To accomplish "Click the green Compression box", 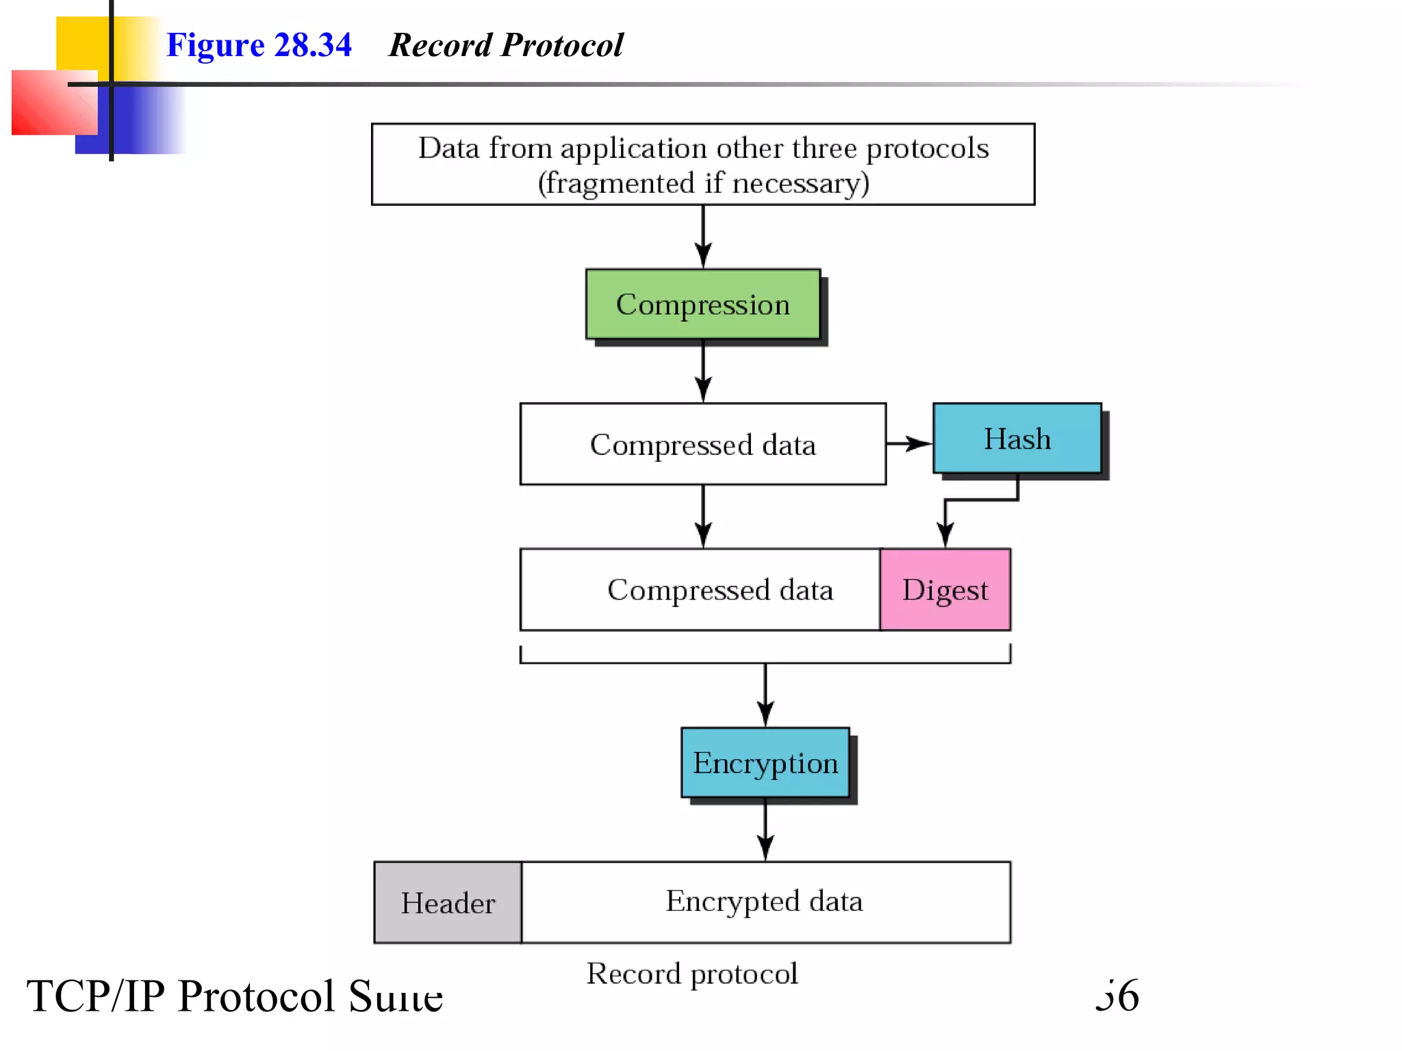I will [x=702, y=304].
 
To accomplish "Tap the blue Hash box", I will [x=1017, y=438].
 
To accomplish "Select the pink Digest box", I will [x=945, y=589].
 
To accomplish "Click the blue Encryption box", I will [x=765, y=762].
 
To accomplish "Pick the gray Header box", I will [x=448, y=903].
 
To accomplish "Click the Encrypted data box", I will [x=765, y=901].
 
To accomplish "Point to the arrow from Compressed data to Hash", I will [x=909, y=443].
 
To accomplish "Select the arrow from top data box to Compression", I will [x=703, y=236].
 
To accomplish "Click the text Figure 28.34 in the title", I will [x=259, y=45].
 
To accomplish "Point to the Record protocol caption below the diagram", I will [x=691, y=974].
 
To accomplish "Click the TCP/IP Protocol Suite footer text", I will [x=234, y=996].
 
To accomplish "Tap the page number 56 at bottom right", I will [x=1117, y=996].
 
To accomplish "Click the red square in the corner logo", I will [x=53, y=103].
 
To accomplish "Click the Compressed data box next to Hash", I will [x=702, y=444].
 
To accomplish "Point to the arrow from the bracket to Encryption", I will [x=765, y=695].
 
